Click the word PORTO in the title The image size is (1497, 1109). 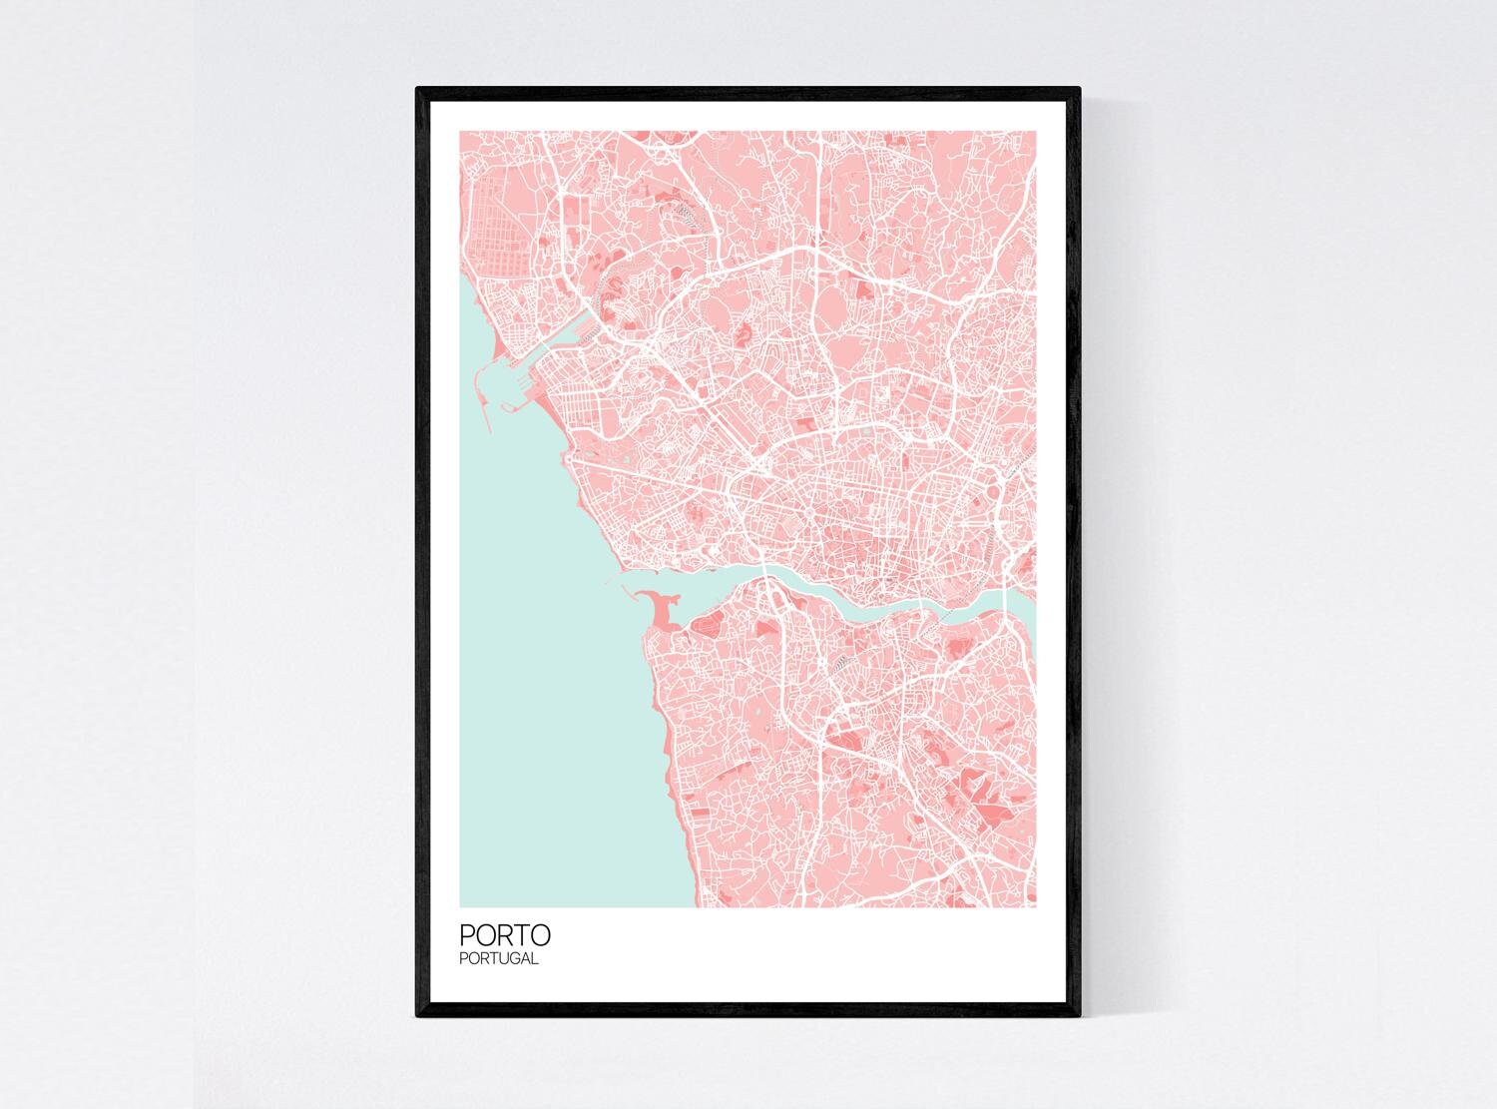click(504, 935)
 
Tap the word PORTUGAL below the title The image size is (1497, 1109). click(499, 959)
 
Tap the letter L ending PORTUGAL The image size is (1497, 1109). click(536, 959)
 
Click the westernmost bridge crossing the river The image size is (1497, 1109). click(764, 579)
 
